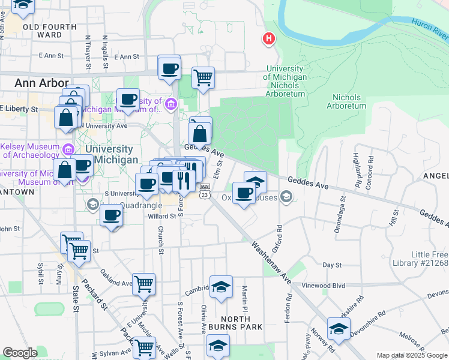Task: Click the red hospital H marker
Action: (x=268, y=39)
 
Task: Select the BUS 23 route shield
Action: (x=205, y=191)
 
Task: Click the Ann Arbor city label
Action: (x=34, y=83)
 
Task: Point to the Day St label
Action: (x=331, y=265)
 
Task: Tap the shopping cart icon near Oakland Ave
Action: (x=144, y=283)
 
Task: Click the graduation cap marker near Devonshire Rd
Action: (x=339, y=328)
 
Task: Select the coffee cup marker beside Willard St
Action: (x=110, y=215)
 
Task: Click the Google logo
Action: (x=20, y=353)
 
